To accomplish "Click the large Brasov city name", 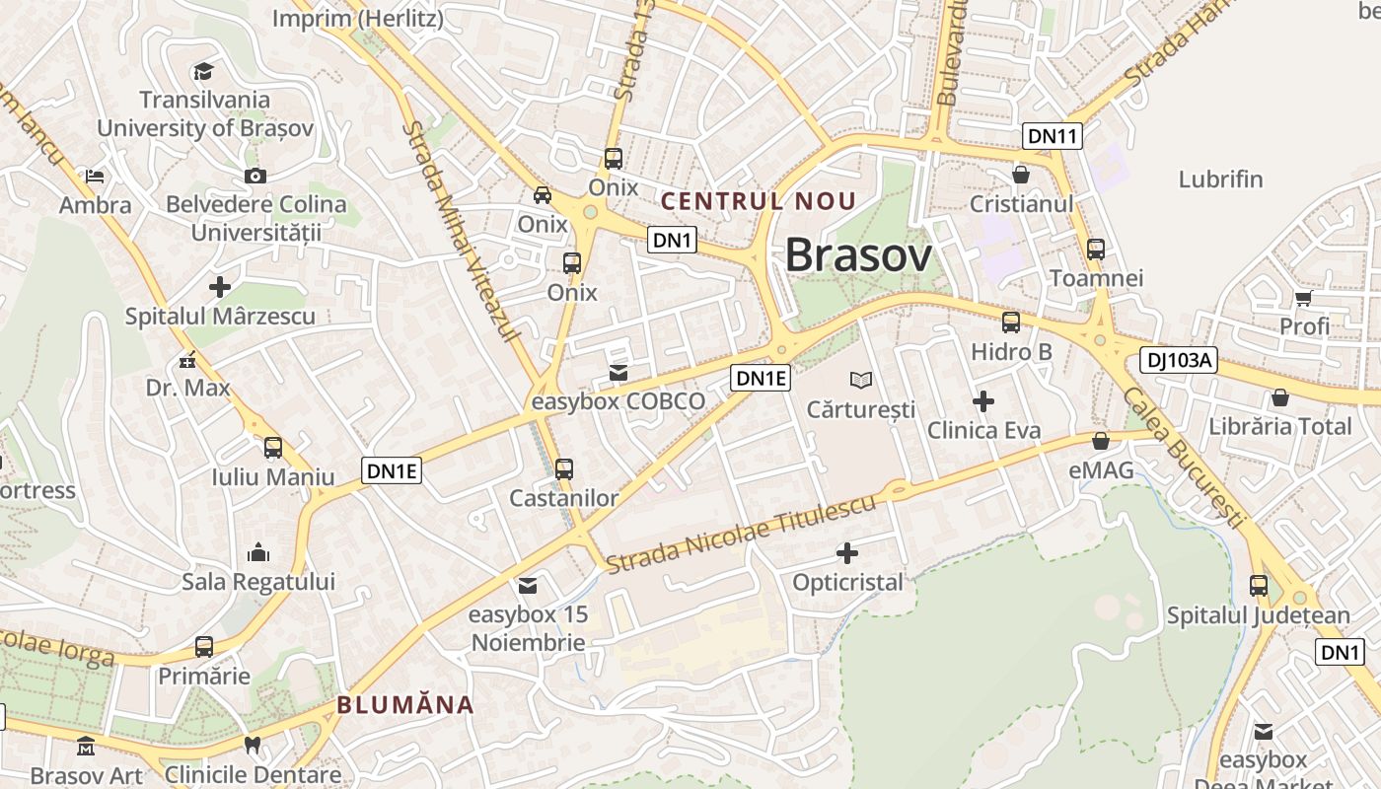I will tap(858, 255).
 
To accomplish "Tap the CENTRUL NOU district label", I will tap(759, 201).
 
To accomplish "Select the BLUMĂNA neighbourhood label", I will tap(405, 705).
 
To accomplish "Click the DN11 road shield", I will tap(1052, 136).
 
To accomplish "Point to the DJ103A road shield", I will tap(1179, 360).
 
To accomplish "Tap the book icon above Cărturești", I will tap(861, 380).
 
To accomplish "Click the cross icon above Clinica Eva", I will tap(983, 401).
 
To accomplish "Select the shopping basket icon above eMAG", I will tap(1101, 441).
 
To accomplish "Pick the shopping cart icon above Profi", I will tap(1303, 298).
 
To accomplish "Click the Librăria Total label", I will tap(1280, 426).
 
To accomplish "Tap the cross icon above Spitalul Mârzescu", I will tap(220, 287).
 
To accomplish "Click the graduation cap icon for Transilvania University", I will tap(203, 71).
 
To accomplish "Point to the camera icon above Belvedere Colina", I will tap(255, 176).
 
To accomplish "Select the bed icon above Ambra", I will tap(95, 177).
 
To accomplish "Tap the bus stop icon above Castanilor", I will tap(564, 469).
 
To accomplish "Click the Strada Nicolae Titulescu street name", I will tap(741, 536).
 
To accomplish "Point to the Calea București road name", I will tap(1181, 454).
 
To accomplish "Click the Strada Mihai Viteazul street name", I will tap(462, 232).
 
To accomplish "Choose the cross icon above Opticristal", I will tap(847, 553).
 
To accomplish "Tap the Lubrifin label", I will tap(1220, 179).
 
